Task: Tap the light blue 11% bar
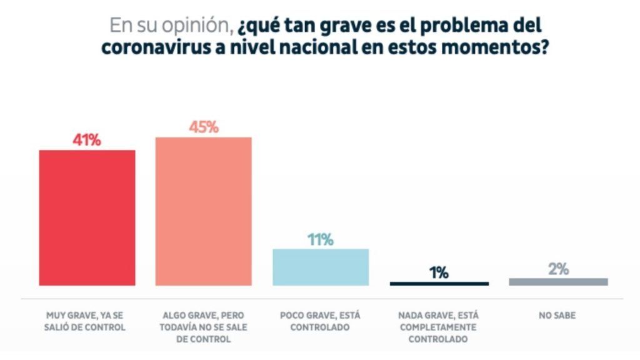[321, 267]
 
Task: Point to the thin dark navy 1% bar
[439, 284]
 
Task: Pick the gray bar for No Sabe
[558, 282]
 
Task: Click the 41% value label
[87, 140]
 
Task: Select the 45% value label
[204, 127]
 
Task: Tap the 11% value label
[321, 239]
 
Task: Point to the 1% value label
[439, 272]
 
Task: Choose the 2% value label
[558, 269]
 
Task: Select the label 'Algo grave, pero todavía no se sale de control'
[203, 327]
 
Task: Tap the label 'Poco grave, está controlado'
[320, 321]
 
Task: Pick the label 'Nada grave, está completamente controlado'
[438, 327]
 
